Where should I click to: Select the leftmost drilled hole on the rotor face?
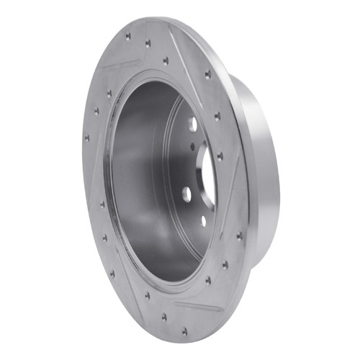[x=87, y=137]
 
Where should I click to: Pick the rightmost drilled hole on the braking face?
[x=239, y=235]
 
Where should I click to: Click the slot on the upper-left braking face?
[x=118, y=66]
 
